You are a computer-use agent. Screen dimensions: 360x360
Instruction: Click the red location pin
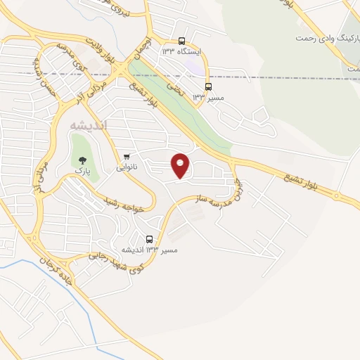[x=181, y=165]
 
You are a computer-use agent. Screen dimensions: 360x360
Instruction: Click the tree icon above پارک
[x=82, y=160]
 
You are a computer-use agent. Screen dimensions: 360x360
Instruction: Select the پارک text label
[x=83, y=171]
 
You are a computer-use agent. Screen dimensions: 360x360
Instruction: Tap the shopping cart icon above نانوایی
[x=127, y=156]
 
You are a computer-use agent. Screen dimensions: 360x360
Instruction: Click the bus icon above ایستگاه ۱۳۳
[x=182, y=41]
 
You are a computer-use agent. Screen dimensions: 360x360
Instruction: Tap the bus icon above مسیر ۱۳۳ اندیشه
[x=149, y=239]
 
